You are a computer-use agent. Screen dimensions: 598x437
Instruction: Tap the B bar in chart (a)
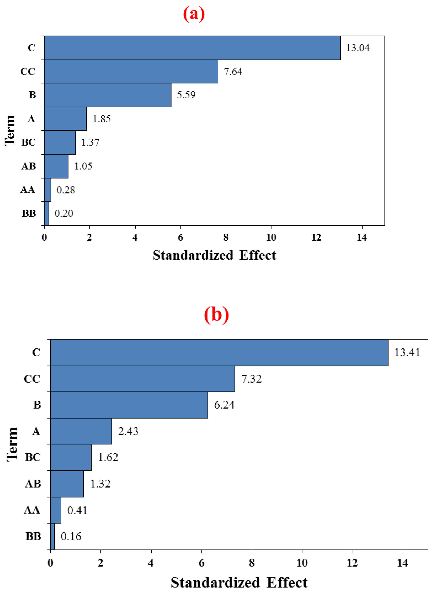point(108,95)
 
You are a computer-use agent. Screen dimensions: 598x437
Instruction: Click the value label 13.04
point(358,48)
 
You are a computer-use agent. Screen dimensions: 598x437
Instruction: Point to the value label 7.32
point(251,379)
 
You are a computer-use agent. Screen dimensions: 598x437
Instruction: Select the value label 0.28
point(66,190)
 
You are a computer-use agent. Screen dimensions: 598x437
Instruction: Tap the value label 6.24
point(224,405)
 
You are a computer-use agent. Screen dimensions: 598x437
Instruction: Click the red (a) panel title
point(194,14)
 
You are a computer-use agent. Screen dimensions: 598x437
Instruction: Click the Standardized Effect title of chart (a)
point(214,255)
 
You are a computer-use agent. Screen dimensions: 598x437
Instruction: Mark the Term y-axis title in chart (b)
point(12,445)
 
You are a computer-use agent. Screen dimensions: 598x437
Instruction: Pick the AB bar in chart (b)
point(67,484)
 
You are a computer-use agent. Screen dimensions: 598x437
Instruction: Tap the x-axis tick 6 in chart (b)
point(202,563)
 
